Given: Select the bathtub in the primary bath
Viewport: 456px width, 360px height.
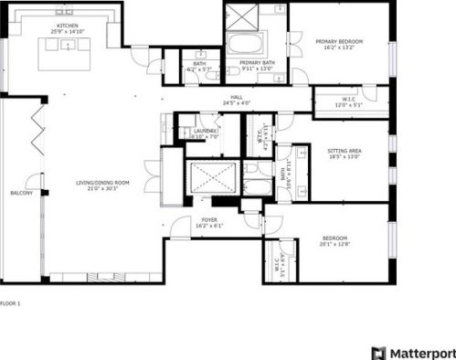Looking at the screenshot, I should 245,44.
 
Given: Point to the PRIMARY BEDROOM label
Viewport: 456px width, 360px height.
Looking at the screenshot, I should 340,42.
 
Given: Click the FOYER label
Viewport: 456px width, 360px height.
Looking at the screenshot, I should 210,219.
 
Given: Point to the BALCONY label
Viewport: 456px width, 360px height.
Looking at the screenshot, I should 21,194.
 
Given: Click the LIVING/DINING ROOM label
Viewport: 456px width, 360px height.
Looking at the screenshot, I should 102,183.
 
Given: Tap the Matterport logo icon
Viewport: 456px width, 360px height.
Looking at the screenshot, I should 377,352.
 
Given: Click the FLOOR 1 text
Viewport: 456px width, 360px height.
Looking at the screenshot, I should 10,302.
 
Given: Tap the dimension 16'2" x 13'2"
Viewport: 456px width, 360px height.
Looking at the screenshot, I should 340,49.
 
